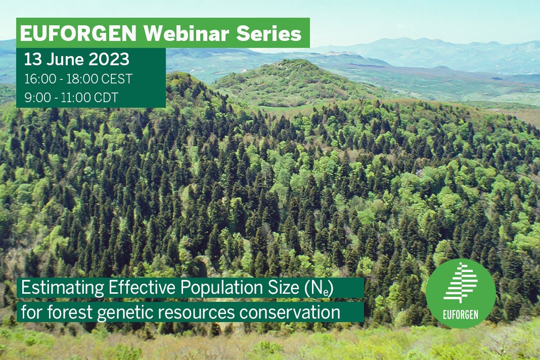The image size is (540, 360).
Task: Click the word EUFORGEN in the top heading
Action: coord(79,34)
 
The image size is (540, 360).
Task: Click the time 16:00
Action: coord(39,79)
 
